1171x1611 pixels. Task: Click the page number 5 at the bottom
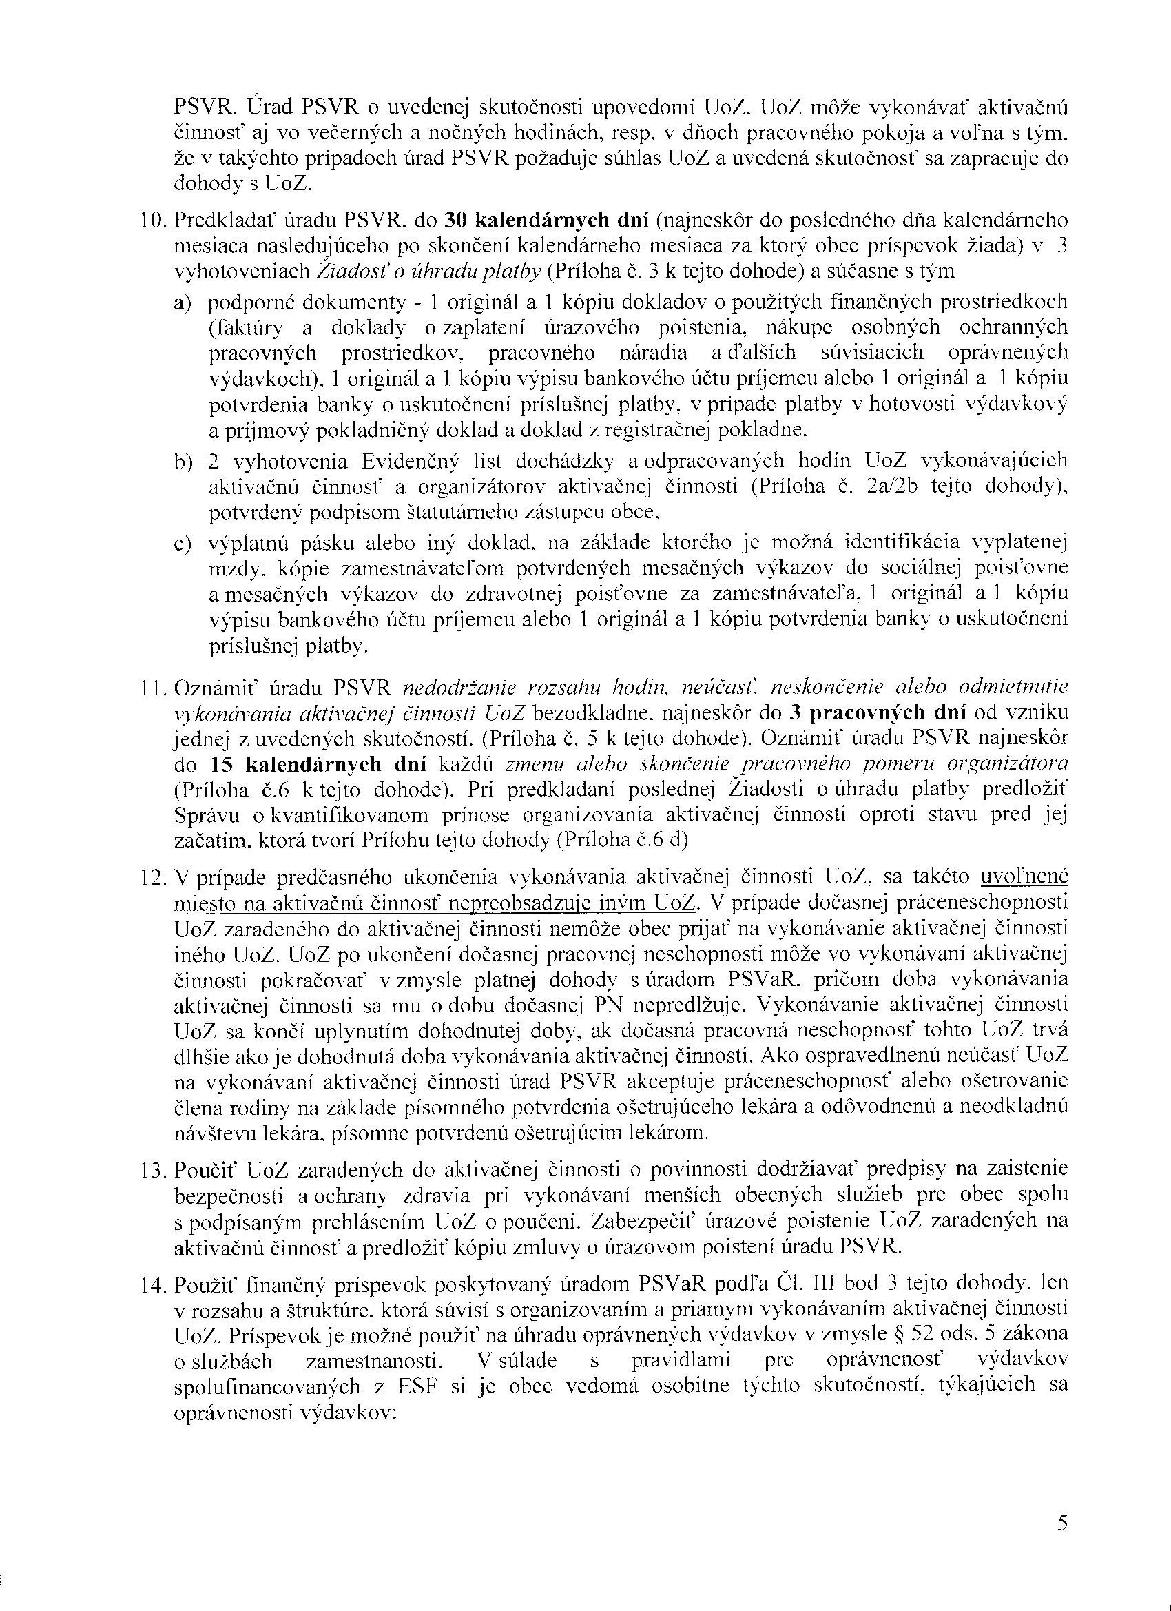1062,1542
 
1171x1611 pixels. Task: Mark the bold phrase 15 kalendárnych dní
318,764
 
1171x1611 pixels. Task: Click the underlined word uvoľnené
1024,877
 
